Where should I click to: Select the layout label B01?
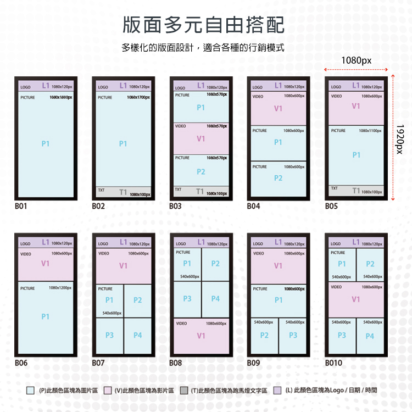coord(21,207)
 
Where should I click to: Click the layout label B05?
coord(331,207)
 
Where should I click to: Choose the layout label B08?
coord(176,363)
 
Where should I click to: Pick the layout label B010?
coord(333,363)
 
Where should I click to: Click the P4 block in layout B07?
coord(137,335)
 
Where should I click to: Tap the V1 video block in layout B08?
coord(201,336)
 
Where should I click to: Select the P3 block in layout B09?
coord(293,335)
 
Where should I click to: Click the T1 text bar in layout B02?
coord(123,192)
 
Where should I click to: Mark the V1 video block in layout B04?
coord(279,108)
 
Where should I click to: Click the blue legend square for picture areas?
coord(31,391)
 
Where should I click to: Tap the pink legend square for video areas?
coord(108,391)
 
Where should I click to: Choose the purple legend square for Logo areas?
coord(278,391)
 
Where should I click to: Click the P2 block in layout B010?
coord(370,264)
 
